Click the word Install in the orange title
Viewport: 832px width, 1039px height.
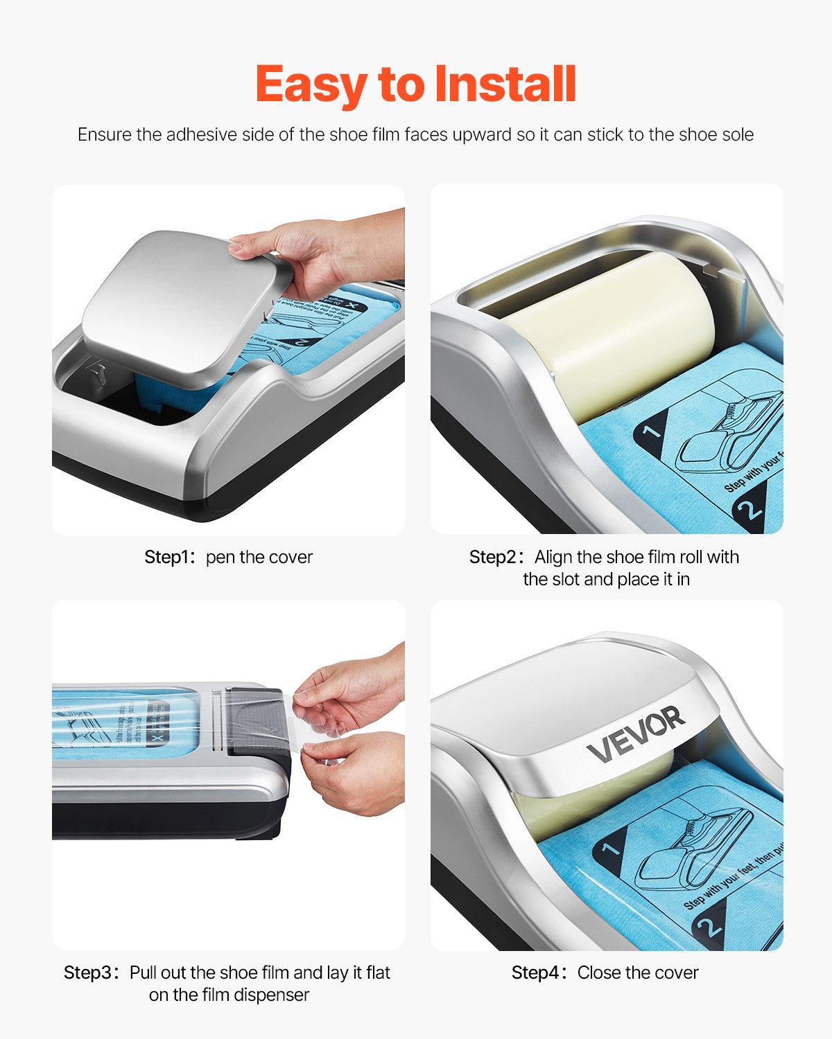coord(505,85)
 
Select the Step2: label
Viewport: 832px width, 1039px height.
coord(498,557)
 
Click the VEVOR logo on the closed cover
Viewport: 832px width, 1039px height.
coord(635,734)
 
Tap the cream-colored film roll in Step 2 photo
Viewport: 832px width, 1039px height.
coord(610,332)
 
